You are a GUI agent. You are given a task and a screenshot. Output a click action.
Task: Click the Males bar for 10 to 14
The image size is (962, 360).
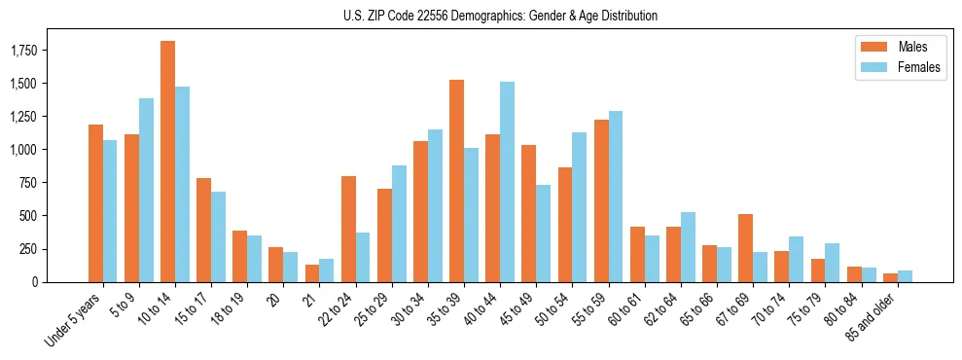pyautogui.click(x=167, y=162)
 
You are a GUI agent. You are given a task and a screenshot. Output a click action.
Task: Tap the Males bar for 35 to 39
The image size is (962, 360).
pyautogui.click(x=456, y=181)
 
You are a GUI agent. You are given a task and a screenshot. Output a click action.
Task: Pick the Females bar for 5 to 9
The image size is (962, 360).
pyautogui.click(x=146, y=190)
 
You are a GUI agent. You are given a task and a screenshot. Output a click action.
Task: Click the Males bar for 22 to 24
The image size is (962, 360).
pyautogui.click(x=348, y=229)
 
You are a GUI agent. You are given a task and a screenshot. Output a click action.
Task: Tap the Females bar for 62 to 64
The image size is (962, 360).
pyautogui.click(x=687, y=247)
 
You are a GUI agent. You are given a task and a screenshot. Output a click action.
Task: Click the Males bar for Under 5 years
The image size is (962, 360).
pyautogui.click(x=95, y=203)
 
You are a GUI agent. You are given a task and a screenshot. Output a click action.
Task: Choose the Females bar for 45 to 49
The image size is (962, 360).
pyautogui.click(x=543, y=234)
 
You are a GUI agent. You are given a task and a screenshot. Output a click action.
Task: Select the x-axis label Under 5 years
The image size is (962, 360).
pyautogui.click(x=75, y=321)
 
